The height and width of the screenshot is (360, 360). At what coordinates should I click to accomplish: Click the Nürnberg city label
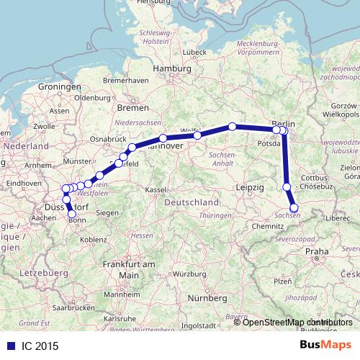coord(202,297)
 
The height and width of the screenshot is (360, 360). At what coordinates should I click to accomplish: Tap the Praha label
coord(317,251)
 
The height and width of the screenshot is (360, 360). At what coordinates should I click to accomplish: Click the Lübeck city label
coord(194,52)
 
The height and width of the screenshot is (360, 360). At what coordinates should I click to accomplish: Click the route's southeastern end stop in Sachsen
coord(294,209)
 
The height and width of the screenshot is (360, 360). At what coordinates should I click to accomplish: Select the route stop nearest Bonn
coord(71,213)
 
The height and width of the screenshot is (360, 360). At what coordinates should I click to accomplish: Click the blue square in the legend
coord(6,346)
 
